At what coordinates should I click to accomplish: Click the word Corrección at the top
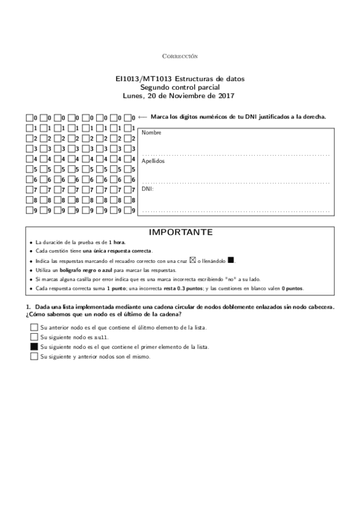pyautogui.click(x=180, y=56)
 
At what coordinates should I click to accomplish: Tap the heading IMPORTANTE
pyautogui.click(x=180, y=232)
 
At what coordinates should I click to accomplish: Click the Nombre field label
pyautogui.click(x=151, y=132)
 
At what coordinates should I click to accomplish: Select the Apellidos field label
pyautogui.click(x=153, y=161)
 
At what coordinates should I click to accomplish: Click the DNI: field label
pyautogui.click(x=147, y=188)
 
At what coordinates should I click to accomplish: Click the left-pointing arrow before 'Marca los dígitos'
pyautogui.click(x=143, y=117)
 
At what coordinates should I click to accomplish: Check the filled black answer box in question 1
pyautogui.click(x=34, y=347)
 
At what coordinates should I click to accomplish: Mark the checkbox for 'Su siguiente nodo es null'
pyautogui.click(x=34, y=337)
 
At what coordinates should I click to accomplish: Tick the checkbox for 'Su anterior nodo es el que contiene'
pyautogui.click(x=34, y=327)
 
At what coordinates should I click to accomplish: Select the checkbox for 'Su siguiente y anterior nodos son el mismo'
pyautogui.click(x=34, y=357)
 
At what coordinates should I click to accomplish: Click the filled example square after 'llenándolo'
pyautogui.click(x=231, y=260)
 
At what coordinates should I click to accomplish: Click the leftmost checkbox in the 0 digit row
pyautogui.click(x=29, y=118)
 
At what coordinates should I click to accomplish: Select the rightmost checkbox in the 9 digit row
pyautogui.click(x=127, y=211)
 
